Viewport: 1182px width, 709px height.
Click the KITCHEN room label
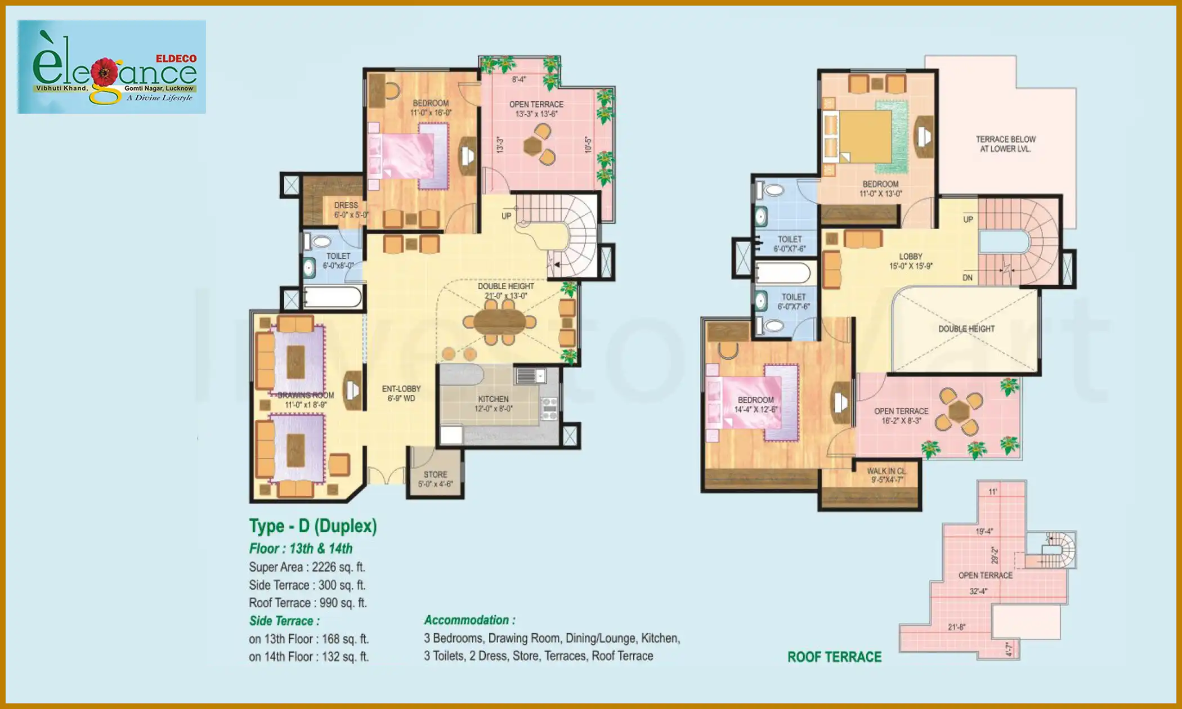(x=493, y=399)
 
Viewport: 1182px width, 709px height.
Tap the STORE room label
(x=435, y=475)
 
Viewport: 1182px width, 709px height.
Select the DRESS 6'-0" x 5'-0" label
(x=346, y=205)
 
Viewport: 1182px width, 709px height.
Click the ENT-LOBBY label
(x=401, y=389)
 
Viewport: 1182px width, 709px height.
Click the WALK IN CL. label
(x=886, y=472)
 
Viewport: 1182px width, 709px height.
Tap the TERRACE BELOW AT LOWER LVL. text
(x=1005, y=144)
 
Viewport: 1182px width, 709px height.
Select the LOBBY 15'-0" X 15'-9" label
(x=910, y=257)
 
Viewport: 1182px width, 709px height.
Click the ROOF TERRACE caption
(x=834, y=657)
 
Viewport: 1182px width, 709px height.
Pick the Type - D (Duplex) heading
(x=313, y=526)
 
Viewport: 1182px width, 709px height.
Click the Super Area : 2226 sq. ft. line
(x=307, y=567)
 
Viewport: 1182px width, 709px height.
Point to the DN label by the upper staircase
(x=968, y=277)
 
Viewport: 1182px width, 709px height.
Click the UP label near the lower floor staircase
(x=506, y=216)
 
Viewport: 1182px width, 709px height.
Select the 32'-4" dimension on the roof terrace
(x=978, y=591)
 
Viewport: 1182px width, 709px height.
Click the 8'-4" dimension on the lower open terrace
(x=518, y=80)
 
